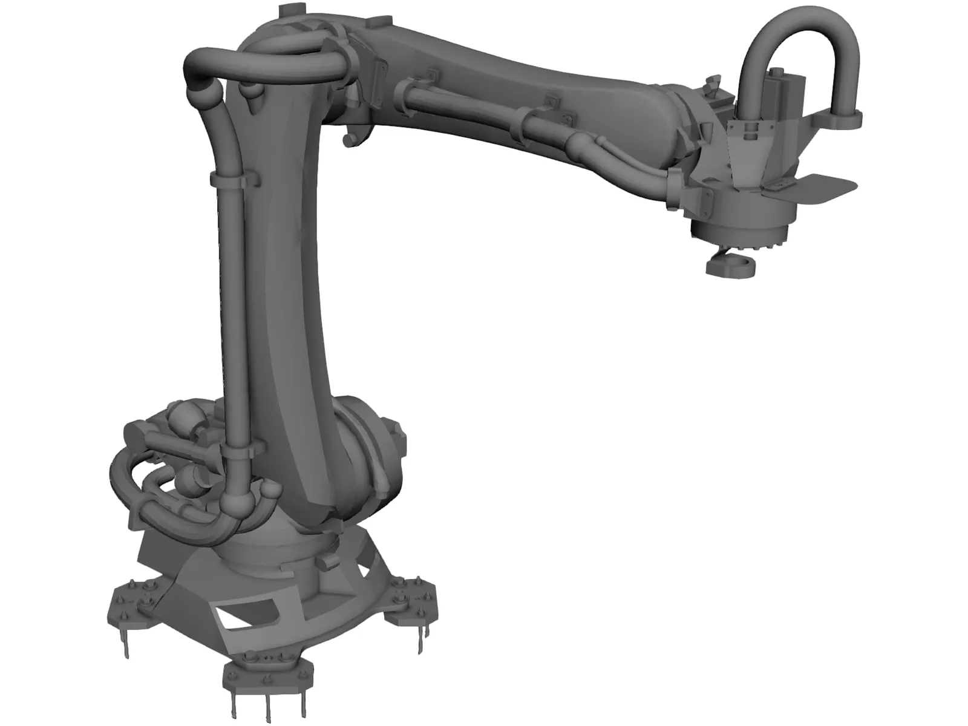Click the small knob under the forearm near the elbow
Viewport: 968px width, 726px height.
348,140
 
